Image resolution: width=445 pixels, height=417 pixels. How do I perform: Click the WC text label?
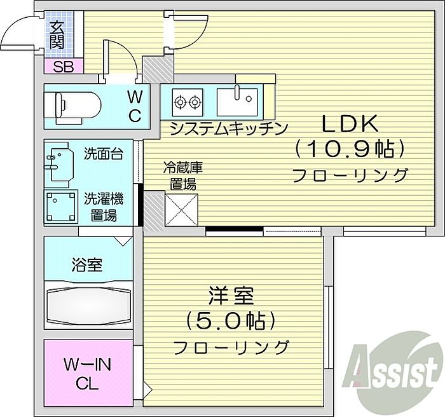(135, 106)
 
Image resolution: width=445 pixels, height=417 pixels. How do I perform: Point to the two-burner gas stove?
(187, 100)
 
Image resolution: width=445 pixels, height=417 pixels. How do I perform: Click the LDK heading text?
(348, 122)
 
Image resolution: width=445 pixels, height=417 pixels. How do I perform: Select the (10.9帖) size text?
(349, 149)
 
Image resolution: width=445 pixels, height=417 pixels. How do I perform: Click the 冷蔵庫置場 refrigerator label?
(182, 175)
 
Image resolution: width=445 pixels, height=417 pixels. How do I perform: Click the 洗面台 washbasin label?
(103, 153)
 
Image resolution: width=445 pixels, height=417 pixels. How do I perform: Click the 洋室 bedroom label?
(231, 297)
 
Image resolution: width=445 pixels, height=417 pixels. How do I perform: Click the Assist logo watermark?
(393, 371)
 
